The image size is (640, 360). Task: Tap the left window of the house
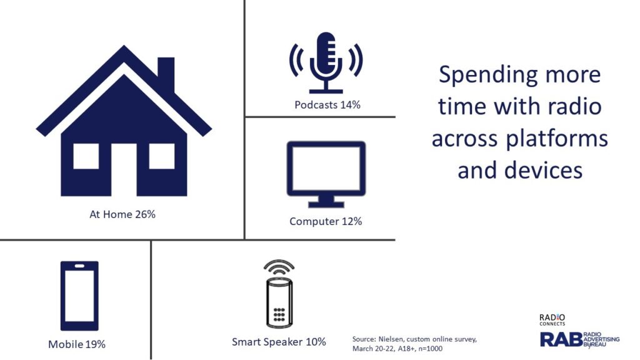pos(86,156)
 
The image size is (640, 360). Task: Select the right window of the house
pos(162,156)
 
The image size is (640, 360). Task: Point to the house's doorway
pos(124,170)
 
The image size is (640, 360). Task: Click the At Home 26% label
pos(122,214)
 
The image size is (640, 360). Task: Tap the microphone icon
pos(326,62)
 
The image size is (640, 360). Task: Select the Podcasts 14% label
pos(327,105)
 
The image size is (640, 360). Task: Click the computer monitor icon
pos(326,174)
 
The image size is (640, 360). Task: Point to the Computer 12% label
pos(326,221)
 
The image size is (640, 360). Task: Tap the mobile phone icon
pos(79,296)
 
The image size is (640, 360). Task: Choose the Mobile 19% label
pos(77,344)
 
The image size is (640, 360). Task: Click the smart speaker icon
pos(279,294)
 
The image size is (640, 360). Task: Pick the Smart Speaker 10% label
pos(279,342)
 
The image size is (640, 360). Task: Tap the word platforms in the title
pos(557,139)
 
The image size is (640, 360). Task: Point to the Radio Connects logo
pos(552,319)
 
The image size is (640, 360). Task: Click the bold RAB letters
pos(561,339)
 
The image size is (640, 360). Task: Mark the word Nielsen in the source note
pos(391,339)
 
